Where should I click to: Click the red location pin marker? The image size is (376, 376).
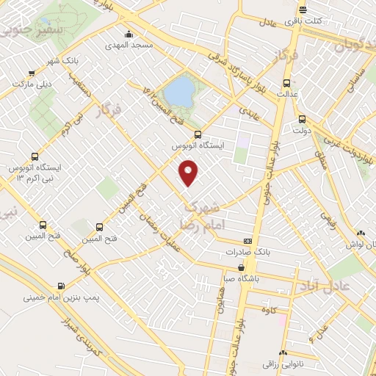pyautogui.click(x=189, y=173)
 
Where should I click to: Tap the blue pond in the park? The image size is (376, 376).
pyautogui.click(x=178, y=92)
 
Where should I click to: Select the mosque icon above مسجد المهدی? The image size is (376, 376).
pyautogui.click(x=129, y=34)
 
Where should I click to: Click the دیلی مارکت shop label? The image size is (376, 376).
pyautogui.click(x=32, y=84)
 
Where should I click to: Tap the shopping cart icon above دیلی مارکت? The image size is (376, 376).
pyautogui.click(x=32, y=73)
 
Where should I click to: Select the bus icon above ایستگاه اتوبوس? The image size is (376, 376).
pyautogui.click(x=197, y=134)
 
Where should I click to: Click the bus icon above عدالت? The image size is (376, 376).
pyautogui.click(x=286, y=82)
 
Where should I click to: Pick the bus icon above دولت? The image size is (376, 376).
pyautogui.click(x=301, y=120)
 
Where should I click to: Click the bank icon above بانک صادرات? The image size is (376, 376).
pyautogui.click(x=247, y=241)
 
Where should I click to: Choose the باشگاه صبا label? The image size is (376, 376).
pyautogui.click(x=241, y=280)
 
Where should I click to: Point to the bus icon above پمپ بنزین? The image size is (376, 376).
pyautogui.click(x=59, y=286)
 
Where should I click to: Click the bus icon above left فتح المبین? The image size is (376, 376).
pyautogui.click(x=43, y=225)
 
